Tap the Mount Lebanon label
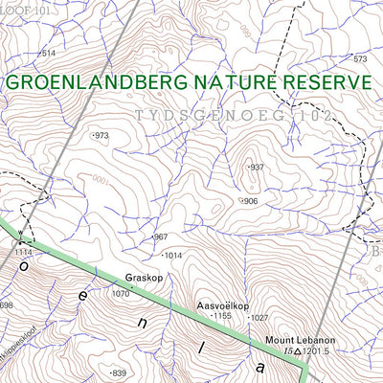pyautogui.click(x=282, y=339)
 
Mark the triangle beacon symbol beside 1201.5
pyautogui.click(x=299, y=352)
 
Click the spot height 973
pyautogui.click(x=101, y=136)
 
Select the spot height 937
pyautogui.click(x=256, y=168)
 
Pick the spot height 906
pyautogui.click(x=250, y=201)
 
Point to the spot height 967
pyautogui.click(x=160, y=237)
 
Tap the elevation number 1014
pyautogui.click(x=172, y=256)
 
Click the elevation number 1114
pyautogui.click(x=23, y=251)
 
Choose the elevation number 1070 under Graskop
pyautogui.click(x=120, y=294)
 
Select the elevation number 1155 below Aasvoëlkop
pyautogui.click(x=222, y=316)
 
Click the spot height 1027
pyautogui.click(x=259, y=318)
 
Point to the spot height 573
pyautogui.click(x=360, y=59)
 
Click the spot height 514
pyautogui.click(x=48, y=54)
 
